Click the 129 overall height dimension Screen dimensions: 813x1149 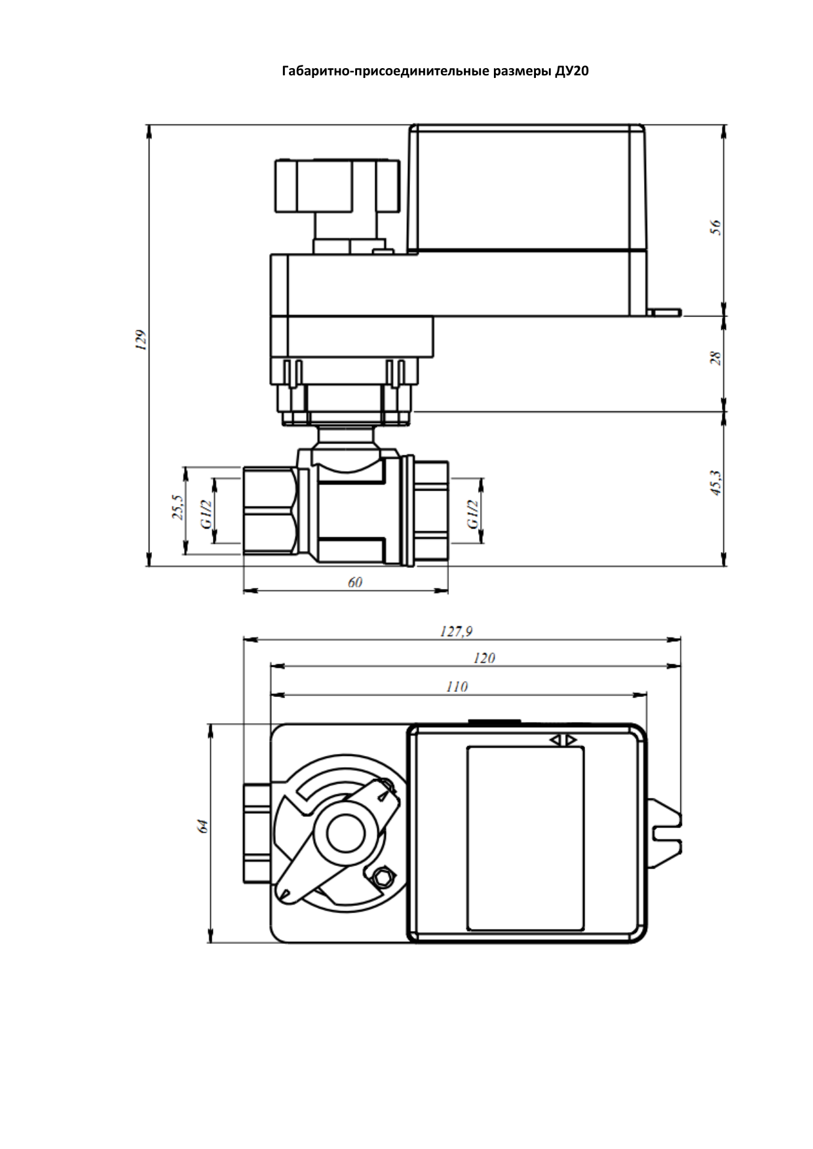coord(139,340)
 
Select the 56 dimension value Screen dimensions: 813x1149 coord(716,227)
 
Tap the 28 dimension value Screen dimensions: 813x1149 coord(716,358)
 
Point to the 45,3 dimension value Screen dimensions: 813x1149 coord(716,483)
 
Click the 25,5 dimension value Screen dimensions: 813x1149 coord(177,507)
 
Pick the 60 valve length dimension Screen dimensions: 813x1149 coord(354,582)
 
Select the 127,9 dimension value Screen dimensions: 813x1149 coord(455,631)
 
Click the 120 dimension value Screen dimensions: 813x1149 coord(483,658)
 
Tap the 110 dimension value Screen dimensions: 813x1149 coord(457,687)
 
